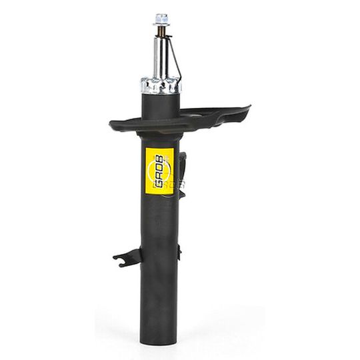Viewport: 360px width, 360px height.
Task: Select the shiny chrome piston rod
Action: (x=160, y=57)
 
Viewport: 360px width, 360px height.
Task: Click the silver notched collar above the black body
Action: (x=161, y=85)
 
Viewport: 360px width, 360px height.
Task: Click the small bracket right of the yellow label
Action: (x=182, y=167)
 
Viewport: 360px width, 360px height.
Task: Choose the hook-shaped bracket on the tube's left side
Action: (x=127, y=257)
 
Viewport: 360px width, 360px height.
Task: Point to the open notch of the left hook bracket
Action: (x=120, y=259)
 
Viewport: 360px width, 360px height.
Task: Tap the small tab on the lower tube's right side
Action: (x=179, y=252)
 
